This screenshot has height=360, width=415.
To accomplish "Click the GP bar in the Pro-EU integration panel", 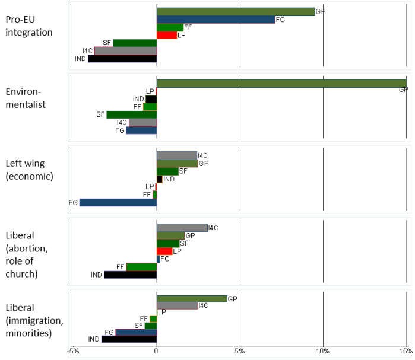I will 235,11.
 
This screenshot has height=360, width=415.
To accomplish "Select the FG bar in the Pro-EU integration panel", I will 216,20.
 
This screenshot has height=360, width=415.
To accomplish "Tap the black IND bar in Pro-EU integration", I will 122,59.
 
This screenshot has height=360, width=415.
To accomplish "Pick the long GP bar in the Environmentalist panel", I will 281,83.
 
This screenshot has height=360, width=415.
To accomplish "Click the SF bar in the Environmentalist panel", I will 131,114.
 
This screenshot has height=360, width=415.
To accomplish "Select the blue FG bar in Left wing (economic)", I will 118,202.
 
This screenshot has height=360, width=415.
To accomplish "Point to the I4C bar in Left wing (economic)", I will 176,155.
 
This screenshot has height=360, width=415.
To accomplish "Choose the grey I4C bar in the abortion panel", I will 182,228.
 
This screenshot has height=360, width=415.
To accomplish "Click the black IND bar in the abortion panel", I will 130,275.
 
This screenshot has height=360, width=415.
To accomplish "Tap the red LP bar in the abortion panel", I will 164,251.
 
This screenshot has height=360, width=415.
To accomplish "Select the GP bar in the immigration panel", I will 191,298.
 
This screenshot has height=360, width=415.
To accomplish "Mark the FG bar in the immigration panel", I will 135,332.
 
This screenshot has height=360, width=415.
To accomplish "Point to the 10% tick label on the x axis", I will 322,352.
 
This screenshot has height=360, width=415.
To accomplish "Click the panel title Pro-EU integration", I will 29,26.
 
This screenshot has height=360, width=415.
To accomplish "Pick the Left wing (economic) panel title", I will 29,169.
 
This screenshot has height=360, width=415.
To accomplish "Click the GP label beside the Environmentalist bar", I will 403,90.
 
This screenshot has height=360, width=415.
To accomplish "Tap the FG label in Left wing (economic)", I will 74,203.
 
